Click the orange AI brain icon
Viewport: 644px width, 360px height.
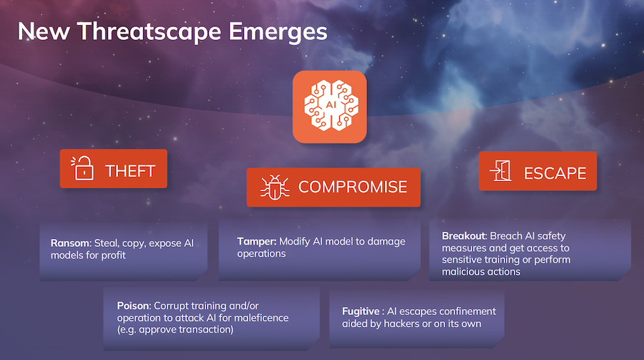[329, 106]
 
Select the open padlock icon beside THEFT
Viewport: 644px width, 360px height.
[83, 170]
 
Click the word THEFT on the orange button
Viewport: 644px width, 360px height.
[131, 170]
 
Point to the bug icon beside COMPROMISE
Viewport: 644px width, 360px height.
[273, 188]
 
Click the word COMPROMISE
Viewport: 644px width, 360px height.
[353, 188]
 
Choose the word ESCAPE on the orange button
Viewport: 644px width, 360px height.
[555, 172]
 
